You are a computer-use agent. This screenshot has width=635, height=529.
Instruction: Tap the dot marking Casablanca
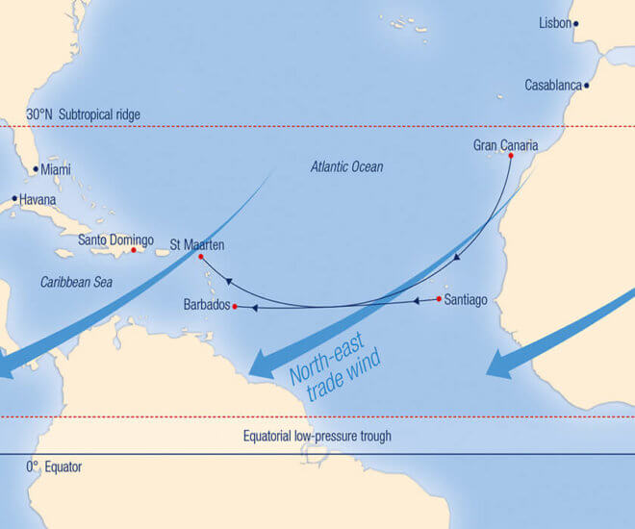pyautogui.click(x=586, y=85)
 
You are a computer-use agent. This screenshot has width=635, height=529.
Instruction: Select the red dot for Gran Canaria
pyautogui.click(x=511, y=156)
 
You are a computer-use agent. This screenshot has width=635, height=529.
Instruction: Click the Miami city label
pyautogui.click(x=56, y=169)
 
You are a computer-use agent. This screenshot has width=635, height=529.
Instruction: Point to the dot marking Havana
pyautogui.click(x=13, y=199)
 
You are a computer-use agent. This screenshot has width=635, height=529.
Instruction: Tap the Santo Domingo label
pyautogui.click(x=115, y=239)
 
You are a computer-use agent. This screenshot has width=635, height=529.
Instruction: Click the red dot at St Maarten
pyautogui.click(x=200, y=257)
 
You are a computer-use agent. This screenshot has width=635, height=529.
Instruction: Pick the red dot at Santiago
pyautogui.click(x=439, y=299)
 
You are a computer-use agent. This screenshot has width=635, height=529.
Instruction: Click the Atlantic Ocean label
pyautogui.click(x=346, y=167)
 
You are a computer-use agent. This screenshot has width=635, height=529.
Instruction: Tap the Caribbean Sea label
pyautogui.click(x=77, y=283)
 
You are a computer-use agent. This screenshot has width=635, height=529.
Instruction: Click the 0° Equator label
pyautogui.click(x=54, y=467)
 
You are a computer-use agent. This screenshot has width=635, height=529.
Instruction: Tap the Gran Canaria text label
pyautogui.click(x=505, y=145)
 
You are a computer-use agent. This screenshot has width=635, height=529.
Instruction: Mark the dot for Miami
pyautogui.click(x=36, y=169)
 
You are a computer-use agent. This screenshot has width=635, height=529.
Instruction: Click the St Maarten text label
pyautogui.click(x=197, y=244)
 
